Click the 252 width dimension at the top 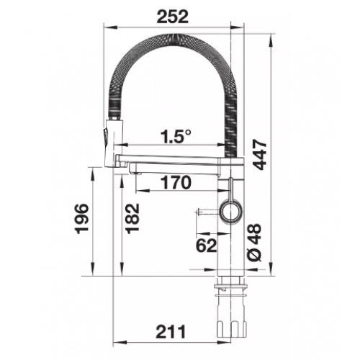click(172, 17)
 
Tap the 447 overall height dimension click(260, 156)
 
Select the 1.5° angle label click(176, 136)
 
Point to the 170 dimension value click(176, 183)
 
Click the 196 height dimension click(82, 219)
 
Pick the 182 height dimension click(132, 217)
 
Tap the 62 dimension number click(207, 246)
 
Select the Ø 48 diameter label click(254, 243)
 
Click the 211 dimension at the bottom click(171, 332)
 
